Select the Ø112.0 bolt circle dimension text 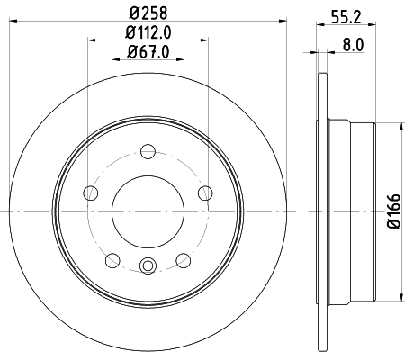149,34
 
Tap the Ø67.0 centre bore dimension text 148,51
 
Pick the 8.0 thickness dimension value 353,42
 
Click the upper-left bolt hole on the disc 89,192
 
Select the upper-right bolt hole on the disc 205,192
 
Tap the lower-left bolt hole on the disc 112,260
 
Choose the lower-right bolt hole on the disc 183,260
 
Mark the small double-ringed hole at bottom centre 148,265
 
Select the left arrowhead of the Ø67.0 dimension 115,60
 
